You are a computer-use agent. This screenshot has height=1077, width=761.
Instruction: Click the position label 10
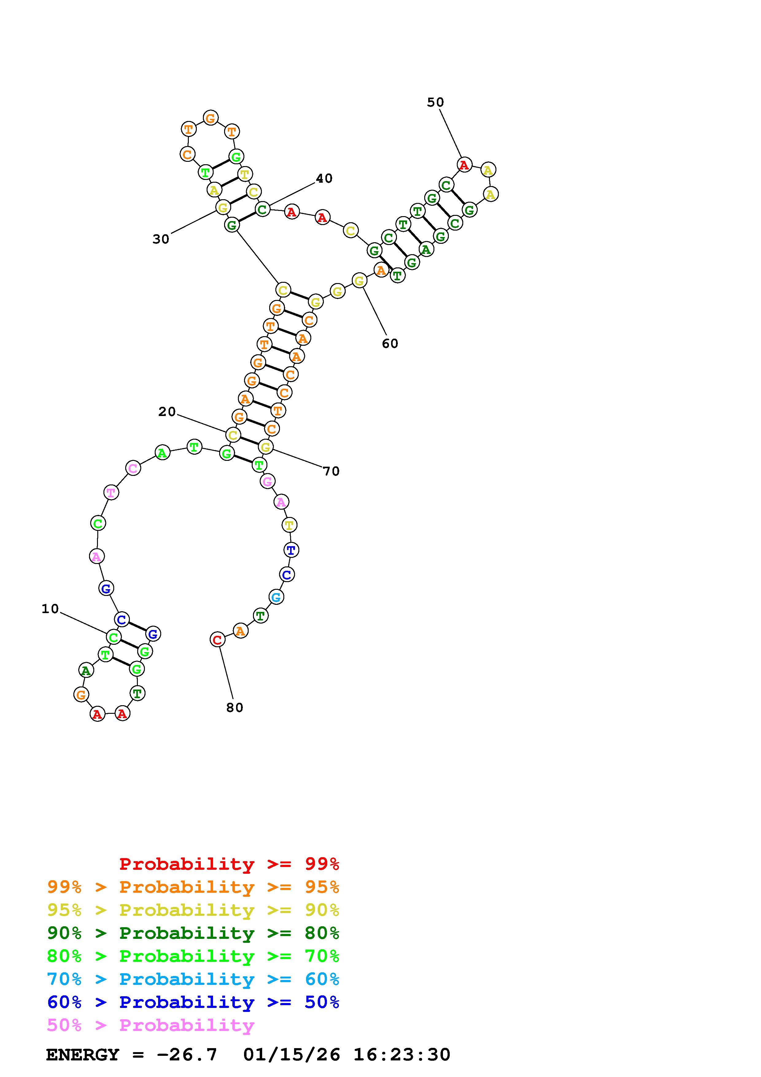tap(50, 609)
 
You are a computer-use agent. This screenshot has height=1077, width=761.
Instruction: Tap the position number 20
tap(167, 412)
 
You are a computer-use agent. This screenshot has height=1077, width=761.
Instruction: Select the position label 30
tap(161, 239)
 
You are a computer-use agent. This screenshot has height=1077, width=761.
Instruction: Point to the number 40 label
tap(324, 178)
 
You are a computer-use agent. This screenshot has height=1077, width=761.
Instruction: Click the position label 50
tap(435, 102)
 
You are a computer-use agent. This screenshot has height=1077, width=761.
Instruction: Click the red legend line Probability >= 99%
tap(229, 864)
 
